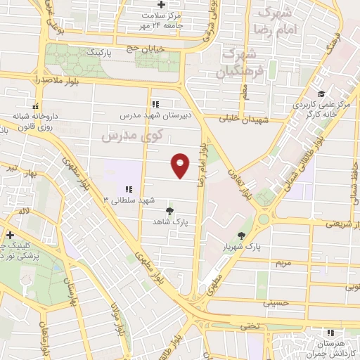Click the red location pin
(x=181, y=165)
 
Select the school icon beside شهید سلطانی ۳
(x=129, y=189)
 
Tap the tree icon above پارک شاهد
(x=169, y=210)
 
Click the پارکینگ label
(x=103, y=53)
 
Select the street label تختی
(x=251, y=326)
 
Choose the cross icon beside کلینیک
(x=9, y=235)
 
